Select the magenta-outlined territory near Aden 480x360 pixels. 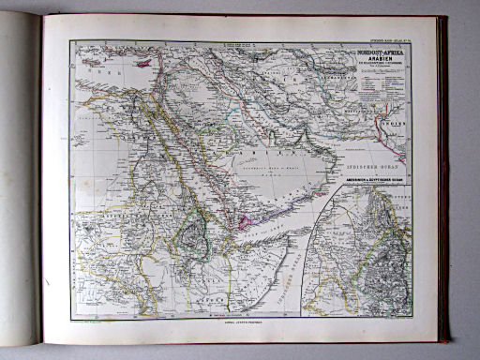246,221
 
